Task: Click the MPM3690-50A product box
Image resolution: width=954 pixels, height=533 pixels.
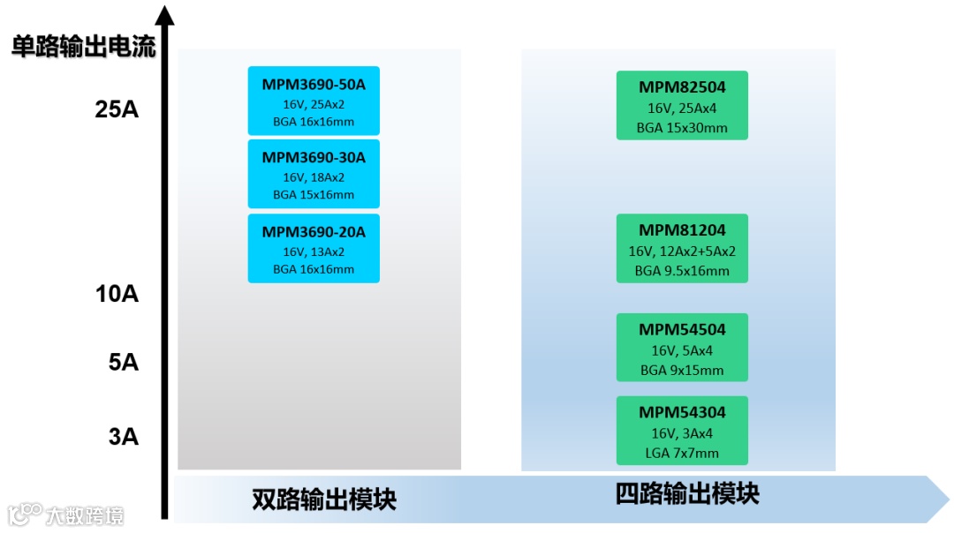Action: click(x=314, y=101)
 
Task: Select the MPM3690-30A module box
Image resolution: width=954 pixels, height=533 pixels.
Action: click(x=314, y=174)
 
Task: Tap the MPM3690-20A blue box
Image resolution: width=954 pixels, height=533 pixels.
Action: click(x=314, y=248)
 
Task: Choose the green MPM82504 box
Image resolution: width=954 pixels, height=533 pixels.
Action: click(x=682, y=105)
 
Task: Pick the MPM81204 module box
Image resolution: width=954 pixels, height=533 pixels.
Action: click(x=682, y=248)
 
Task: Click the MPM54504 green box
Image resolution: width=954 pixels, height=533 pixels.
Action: click(x=682, y=347)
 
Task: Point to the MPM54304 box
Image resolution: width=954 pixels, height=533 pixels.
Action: click(x=682, y=430)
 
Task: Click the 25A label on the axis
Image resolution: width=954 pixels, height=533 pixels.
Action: click(x=117, y=110)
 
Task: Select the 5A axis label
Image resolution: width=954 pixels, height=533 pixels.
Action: click(x=124, y=362)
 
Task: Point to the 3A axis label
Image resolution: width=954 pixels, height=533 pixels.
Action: click(x=124, y=437)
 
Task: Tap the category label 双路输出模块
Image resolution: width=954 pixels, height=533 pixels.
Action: click(x=324, y=499)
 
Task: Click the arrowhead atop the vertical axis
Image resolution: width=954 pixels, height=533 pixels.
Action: click(x=164, y=14)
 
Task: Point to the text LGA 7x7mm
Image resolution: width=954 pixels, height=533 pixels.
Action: click(x=682, y=453)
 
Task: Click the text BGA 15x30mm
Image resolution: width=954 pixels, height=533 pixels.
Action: click(x=682, y=128)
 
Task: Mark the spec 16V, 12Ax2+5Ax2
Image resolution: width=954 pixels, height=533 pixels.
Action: click(x=682, y=251)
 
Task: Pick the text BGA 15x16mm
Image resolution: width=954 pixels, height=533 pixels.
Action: click(x=314, y=195)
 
